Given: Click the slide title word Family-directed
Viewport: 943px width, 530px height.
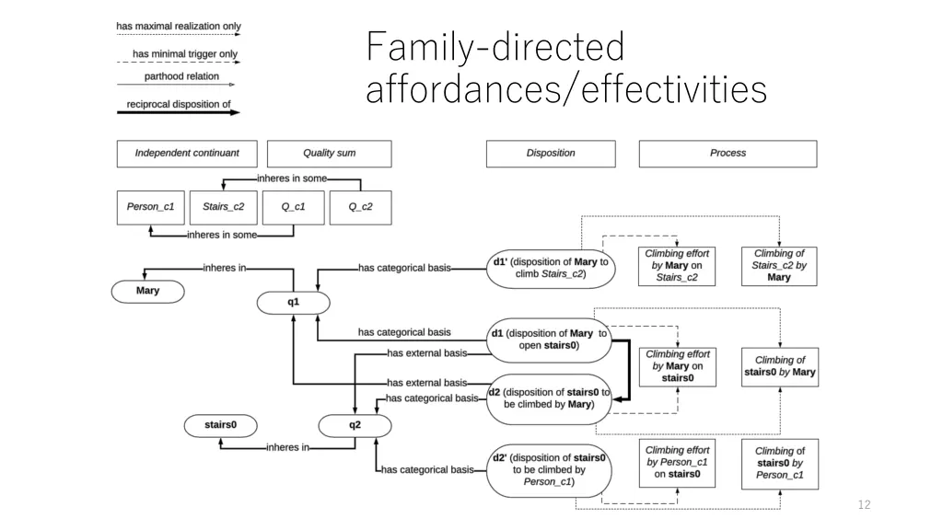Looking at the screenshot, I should click(495, 48).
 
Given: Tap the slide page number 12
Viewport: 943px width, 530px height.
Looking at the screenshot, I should click(863, 504).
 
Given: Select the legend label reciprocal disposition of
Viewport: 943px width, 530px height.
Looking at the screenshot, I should click(173, 104).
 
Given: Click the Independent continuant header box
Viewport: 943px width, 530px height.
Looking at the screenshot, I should click(187, 154).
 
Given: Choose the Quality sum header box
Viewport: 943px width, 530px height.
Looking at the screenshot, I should click(329, 154).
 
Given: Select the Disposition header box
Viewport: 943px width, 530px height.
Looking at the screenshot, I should click(551, 154).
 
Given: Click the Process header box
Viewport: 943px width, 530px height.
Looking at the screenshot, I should click(728, 154).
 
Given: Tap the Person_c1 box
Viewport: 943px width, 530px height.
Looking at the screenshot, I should click(150, 207).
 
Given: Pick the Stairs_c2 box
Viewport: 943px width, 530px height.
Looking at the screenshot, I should click(223, 207).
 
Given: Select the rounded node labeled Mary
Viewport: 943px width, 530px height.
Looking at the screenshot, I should click(147, 291).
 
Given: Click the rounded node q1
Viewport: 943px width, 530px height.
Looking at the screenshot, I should click(293, 302).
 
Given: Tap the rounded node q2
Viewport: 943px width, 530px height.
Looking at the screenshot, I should click(355, 425).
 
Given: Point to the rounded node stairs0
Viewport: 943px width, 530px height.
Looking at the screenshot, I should click(220, 425).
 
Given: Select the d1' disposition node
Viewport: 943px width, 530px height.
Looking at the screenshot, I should click(551, 268).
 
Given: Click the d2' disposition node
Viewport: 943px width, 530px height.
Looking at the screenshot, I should click(549, 469).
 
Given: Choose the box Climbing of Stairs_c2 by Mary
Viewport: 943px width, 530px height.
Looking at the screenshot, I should click(778, 266).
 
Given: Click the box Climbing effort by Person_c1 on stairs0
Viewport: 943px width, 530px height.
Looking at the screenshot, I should click(677, 463).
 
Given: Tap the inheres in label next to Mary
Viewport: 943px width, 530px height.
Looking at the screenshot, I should click(224, 269).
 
